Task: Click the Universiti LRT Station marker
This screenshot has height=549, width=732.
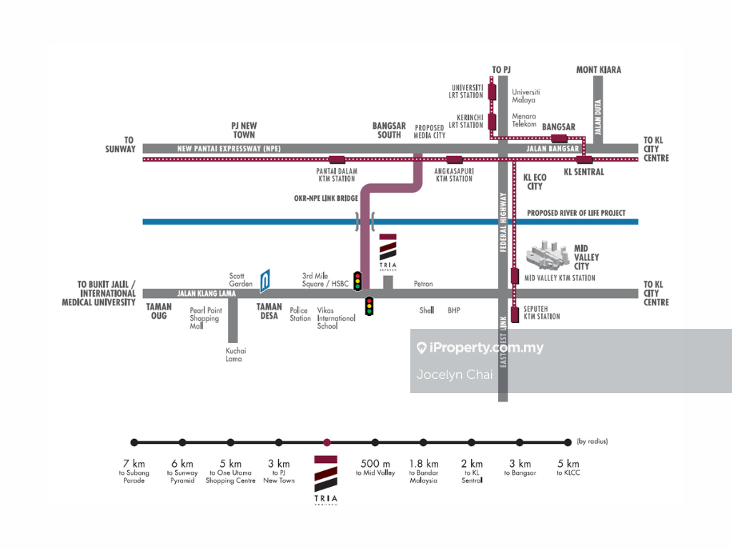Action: (x=492, y=91)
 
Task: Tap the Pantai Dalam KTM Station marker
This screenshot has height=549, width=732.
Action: (x=336, y=159)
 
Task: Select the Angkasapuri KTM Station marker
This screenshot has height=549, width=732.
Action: (x=454, y=159)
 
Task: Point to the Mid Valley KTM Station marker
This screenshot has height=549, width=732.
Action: (x=515, y=277)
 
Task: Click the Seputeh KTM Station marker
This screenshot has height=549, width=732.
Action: (x=515, y=312)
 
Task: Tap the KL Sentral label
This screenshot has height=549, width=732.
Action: (x=583, y=172)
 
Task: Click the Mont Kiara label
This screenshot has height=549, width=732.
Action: (x=598, y=69)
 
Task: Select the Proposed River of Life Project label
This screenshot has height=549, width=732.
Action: (x=575, y=213)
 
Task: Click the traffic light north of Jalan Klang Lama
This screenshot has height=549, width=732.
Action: (x=357, y=281)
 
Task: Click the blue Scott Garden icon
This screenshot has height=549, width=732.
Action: (x=264, y=281)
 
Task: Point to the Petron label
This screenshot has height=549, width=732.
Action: (x=423, y=284)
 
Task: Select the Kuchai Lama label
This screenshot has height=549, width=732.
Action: (x=235, y=355)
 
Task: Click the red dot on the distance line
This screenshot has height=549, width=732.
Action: (x=327, y=442)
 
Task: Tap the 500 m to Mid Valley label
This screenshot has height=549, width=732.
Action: (x=375, y=468)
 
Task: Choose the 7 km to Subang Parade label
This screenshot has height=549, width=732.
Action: (x=134, y=471)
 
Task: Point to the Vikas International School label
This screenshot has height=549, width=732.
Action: (x=327, y=318)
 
